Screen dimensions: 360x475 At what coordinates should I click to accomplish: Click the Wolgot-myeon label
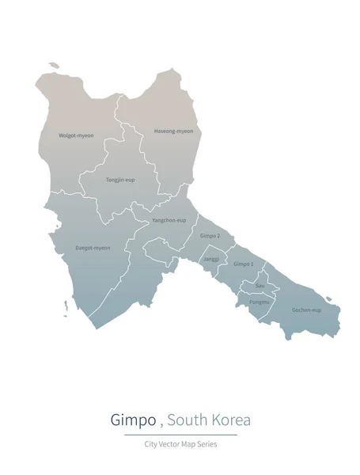pyautogui.click(x=76, y=135)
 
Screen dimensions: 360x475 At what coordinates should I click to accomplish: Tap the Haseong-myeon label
pyautogui.click(x=173, y=131)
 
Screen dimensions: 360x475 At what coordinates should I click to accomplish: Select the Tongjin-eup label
pyautogui.click(x=120, y=180)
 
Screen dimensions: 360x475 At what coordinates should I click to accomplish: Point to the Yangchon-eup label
pyautogui.click(x=169, y=219)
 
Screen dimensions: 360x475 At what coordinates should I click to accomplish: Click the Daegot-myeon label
pyautogui.click(x=93, y=248)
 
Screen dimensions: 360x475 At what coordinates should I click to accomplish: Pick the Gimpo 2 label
pyautogui.click(x=210, y=236)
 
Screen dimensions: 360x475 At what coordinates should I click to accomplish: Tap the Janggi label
pyautogui.click(x=210, y=259)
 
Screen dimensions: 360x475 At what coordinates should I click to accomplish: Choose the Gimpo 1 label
pyautogui.click(x=243, y=264)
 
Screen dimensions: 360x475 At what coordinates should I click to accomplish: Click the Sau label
pyautogui.click(x=260, y=285)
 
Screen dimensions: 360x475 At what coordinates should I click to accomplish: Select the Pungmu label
pyautogui.click(x=260, y=302)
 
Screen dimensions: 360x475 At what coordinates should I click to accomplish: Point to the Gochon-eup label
pyautogui.click(x=306, y=310)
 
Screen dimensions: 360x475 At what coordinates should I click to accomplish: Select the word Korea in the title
pyautogui.click(x=231, y=420)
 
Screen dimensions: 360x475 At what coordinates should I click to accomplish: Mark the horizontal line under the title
pyautogui.click(x=180, y=435)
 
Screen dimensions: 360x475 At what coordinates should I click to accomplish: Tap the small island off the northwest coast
pyautogui.click(x=53, y=66)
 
